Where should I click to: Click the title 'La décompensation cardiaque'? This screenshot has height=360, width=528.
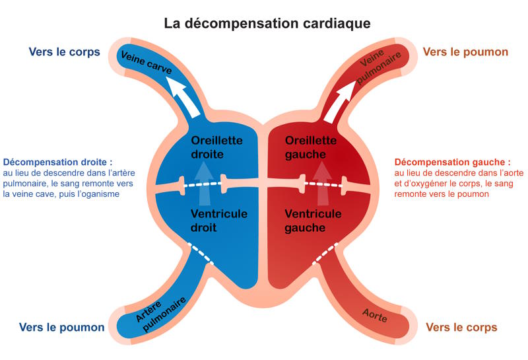[267, 23]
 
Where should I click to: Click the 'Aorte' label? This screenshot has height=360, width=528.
[375, 316]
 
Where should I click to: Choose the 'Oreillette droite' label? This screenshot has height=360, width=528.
[216, 147]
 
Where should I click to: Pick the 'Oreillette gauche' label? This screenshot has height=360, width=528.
[311, 147]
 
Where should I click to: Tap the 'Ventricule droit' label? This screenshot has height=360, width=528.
[218, 221]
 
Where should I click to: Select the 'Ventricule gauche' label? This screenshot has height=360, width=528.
[313, 221]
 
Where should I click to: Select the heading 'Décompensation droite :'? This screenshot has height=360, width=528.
[57, 161]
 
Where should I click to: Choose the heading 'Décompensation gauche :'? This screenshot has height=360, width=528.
[452, 161]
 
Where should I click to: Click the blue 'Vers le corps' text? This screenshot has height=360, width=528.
[64, 52]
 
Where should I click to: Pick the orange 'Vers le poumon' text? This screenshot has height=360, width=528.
[465, 52]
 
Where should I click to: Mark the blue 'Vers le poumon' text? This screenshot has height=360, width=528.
[62, 327]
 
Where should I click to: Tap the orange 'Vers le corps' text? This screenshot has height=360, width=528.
[461, 327]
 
